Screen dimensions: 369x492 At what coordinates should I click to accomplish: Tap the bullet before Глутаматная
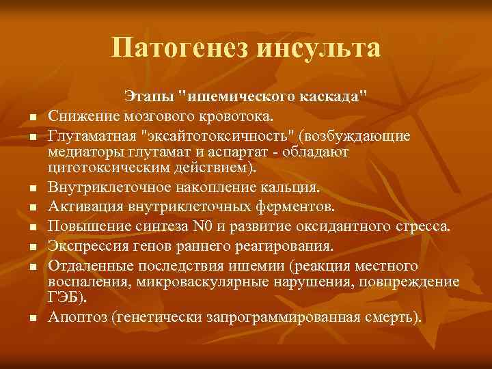coord(31,137)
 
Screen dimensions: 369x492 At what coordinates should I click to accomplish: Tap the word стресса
coord(420,226)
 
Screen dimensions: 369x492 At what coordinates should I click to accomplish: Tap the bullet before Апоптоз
coord(31,318)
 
